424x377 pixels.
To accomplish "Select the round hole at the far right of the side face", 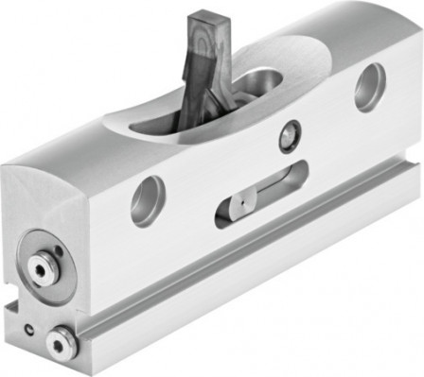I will pos(368,87).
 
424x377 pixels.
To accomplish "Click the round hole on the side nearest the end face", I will pos(148,201).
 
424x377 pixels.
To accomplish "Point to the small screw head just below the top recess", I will pos(285,138).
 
